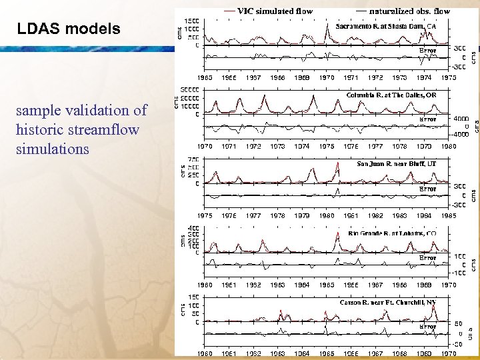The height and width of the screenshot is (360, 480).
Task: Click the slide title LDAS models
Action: tap(68, 29)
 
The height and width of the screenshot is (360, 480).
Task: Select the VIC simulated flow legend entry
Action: tap(275, 11)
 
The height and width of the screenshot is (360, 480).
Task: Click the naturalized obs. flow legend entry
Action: tap(409, 11)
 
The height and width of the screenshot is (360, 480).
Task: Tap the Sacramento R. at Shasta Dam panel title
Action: tap(386, 27)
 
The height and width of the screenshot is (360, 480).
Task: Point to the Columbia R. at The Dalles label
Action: tap(391, 95)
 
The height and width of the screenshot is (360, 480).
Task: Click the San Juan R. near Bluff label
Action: tap(396, 163)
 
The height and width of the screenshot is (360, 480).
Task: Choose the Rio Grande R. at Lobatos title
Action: tap(392, 233)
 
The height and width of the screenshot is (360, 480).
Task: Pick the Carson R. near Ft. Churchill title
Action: tap(388, 303)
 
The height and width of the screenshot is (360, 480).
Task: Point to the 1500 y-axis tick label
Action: tap(191, 20)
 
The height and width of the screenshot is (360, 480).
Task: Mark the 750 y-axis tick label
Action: tap(193, 159)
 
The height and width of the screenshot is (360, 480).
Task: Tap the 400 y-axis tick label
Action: tap(193, 228)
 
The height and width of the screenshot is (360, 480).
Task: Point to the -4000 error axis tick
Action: tap(461, 133)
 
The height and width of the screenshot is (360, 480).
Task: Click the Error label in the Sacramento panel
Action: tap(427, 50)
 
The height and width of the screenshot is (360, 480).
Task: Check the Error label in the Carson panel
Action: tap(427, 327)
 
